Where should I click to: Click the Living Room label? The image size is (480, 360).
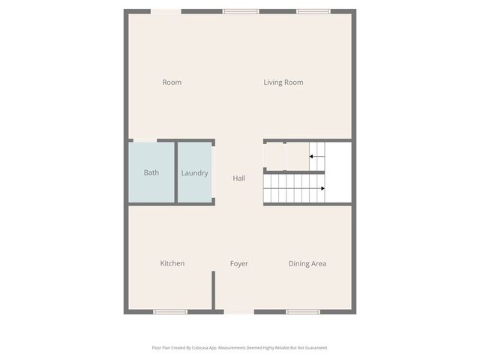click(x=283, y=82)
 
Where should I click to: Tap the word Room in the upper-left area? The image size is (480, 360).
click(x=172, y=82)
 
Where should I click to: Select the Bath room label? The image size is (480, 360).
click(x=151, y=173)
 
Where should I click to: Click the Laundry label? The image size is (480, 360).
click(x=194, y=173)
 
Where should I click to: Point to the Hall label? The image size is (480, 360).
click(x=238, y=178)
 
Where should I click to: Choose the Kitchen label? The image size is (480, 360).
click(x=172, y=264)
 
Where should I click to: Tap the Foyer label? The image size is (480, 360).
click(x=239, y=264)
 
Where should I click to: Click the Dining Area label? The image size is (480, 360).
click(x=307, y=264)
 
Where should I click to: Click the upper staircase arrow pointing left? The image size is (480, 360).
click(x=316, y=157)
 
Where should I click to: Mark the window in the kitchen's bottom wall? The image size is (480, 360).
click(x=170, y=311)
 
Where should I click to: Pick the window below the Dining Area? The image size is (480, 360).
click(x=303, y=311)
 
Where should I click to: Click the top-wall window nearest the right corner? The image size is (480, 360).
click(x=313, y=11)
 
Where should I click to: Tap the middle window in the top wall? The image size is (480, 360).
click(x=241, y=11)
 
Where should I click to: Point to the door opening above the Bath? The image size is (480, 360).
click(x=145, y=140)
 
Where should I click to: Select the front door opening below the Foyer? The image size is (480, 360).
click(x=239, y=311)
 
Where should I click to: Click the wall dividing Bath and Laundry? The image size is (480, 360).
click(x=176, y=172)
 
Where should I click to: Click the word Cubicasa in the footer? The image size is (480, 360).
click(x=198, y=348)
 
